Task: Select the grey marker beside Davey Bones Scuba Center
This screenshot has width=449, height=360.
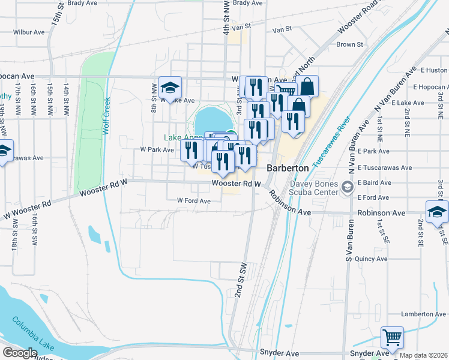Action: click(x=347, y=188)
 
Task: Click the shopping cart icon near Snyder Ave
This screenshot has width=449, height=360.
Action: click(x=392, y=337)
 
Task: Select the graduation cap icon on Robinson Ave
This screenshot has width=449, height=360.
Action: click(x=437, y=212)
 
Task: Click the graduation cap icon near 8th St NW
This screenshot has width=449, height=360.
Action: click(x=170, y=88)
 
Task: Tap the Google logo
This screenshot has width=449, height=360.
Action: click(x=20, y=353)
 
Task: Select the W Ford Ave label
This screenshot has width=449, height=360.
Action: click(x=193, y=201)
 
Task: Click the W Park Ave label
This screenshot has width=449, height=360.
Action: click(x=157, y=149)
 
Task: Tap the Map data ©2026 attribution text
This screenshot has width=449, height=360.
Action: click(x=423, y=355)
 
